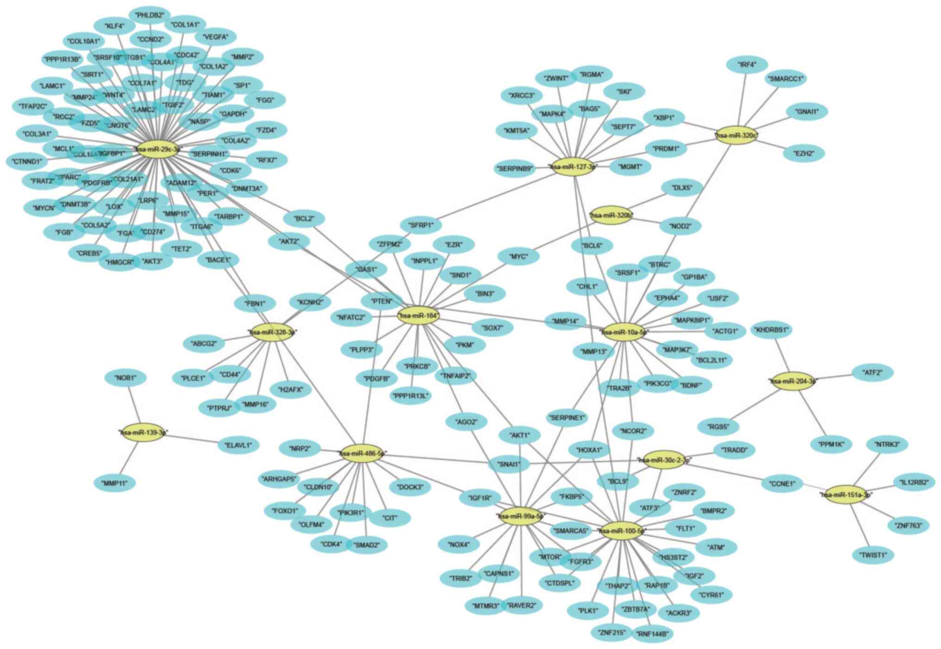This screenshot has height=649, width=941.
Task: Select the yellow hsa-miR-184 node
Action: pos(418,316)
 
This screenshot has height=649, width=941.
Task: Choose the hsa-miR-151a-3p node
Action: pos(846,495)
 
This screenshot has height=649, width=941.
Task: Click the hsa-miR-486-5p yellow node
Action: pos(363,453)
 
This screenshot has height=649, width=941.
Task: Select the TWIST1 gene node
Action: pos(873,555)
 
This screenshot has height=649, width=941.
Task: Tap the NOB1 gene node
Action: pos(126,378)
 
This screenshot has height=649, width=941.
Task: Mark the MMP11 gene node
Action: pos(115,484)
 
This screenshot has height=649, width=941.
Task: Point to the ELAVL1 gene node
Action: pos(238,445)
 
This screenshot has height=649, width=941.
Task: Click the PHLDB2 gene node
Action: pos(150,15)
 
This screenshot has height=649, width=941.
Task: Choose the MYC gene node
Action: pos(518,256)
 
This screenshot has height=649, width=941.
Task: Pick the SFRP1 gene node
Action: pos(421,225)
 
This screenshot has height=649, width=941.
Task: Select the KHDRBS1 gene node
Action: pos(771,330)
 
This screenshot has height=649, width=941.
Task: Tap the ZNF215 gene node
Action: pos(611,632)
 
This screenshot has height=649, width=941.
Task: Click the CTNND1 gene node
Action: pos(27,162)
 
